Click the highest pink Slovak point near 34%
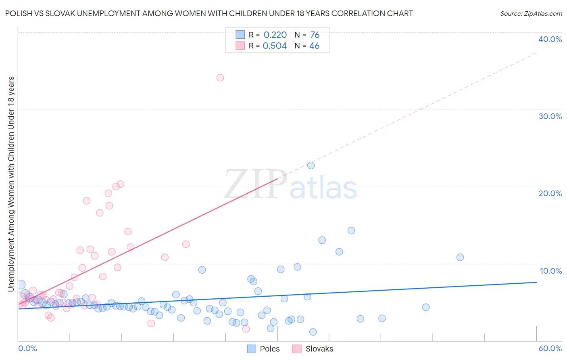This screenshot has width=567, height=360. tap(220, 77)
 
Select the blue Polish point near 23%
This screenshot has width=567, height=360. tap(311, 165)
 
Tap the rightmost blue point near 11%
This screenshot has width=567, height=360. tap(460, 257)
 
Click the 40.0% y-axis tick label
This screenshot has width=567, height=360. tap(550, 39)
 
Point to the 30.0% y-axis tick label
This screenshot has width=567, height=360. tap(550, 116)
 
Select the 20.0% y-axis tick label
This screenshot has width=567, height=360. tap(550, 193)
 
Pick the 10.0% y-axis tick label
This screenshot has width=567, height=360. tap(551, 271)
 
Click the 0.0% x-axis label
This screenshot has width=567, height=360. tap(28, 348)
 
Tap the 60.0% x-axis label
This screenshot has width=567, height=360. tap(550, 348)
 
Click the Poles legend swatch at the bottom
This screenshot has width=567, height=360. tap(252, 349)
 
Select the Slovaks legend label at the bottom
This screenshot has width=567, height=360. tap(319, 349)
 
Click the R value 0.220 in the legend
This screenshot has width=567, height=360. tap(275, 35)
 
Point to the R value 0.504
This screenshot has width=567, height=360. tap(275, 46)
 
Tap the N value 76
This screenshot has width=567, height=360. tap(315, 35)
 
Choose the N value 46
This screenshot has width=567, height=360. tap(314, 46)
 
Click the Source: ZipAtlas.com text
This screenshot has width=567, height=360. tap(531, 14)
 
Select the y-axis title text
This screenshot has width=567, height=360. tap(11, 184)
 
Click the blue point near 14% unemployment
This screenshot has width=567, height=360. tap(351, 230)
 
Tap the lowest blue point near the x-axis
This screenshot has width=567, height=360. tap(313, 332)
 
